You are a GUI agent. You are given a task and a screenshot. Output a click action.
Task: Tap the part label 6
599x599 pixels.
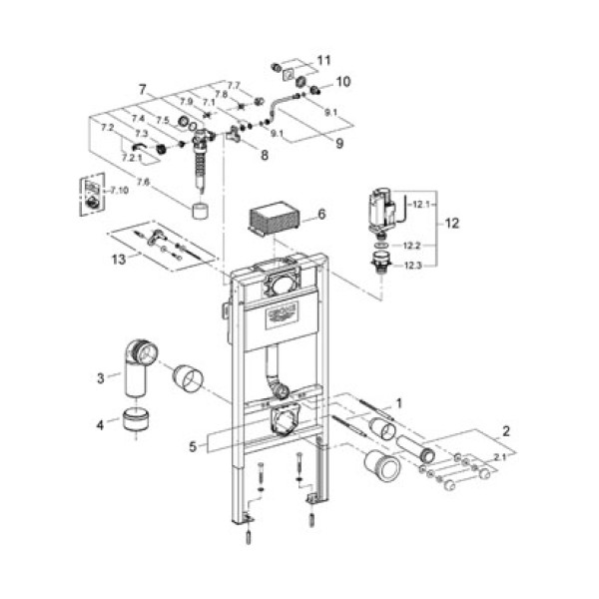pyautogui.click(x=321, y=214)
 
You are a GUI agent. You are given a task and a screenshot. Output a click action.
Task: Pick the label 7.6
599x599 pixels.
pyautogui.click(x=145, y=181)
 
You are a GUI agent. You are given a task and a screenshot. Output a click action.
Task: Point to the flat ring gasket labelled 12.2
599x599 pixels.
pyautogui.click(x=380, y=243)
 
